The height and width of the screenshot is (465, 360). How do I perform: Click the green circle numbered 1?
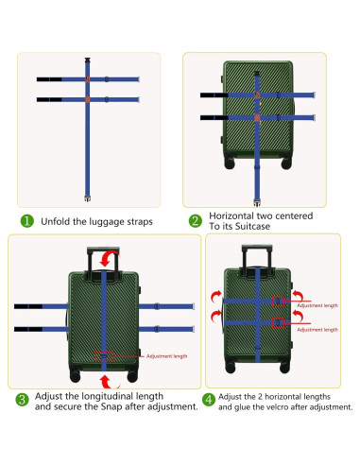(26, 221)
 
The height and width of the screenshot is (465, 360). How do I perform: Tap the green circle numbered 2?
(195, 221)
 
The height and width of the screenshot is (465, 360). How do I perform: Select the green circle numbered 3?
(22, 400)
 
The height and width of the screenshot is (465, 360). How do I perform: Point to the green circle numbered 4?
(209, 400)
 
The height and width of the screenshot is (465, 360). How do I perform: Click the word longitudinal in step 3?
(106, 396)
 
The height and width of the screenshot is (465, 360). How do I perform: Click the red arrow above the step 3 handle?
(109, 258)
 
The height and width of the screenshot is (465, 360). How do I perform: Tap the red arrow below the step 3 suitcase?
(109, 382)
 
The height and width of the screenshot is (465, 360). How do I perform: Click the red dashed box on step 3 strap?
(104, 356)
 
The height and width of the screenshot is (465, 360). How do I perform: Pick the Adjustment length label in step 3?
(166, 356)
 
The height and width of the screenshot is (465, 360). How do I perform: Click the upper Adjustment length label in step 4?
(317, 305)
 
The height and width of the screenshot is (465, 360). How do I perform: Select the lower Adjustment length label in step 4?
(317, 330)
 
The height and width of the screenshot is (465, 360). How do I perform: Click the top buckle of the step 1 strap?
(88, 60)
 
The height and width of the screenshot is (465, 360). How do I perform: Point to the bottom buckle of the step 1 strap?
(88, 198)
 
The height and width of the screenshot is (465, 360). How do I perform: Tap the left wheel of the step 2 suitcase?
(230, 164)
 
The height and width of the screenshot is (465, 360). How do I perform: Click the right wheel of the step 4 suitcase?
(284, 368)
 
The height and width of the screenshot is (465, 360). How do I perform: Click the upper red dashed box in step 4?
(278, 301)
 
